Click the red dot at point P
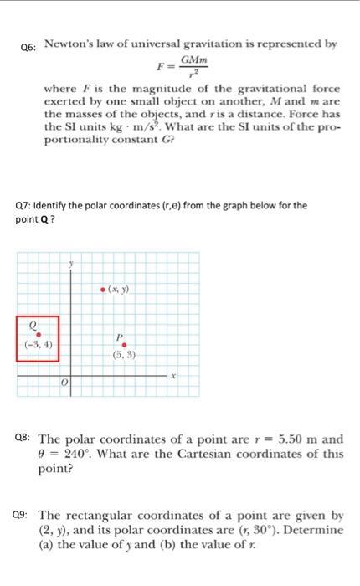click(x=126, y=344)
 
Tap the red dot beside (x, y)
click(x=102, y=290)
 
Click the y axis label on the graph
click(x=72, y=265)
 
